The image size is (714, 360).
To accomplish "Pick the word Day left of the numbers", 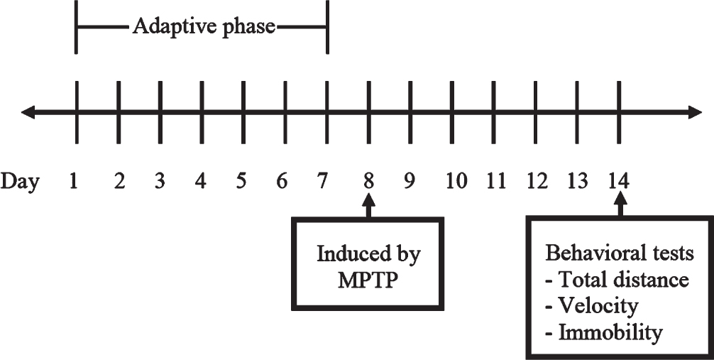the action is [x=20, y=182].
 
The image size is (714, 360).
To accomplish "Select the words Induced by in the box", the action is [x=368, y=255].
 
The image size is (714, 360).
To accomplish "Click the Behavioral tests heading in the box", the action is [x=620, y=253].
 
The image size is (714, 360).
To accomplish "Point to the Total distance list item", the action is [x=617, y=280].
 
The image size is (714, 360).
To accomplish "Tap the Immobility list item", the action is [x=604, y=333].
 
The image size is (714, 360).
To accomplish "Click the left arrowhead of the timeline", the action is [x=28, y=112].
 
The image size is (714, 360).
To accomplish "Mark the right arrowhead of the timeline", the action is [x=694, y=112].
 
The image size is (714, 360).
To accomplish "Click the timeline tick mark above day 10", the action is [x=452, y=112].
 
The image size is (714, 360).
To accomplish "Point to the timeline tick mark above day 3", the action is [x=160, y=112].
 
